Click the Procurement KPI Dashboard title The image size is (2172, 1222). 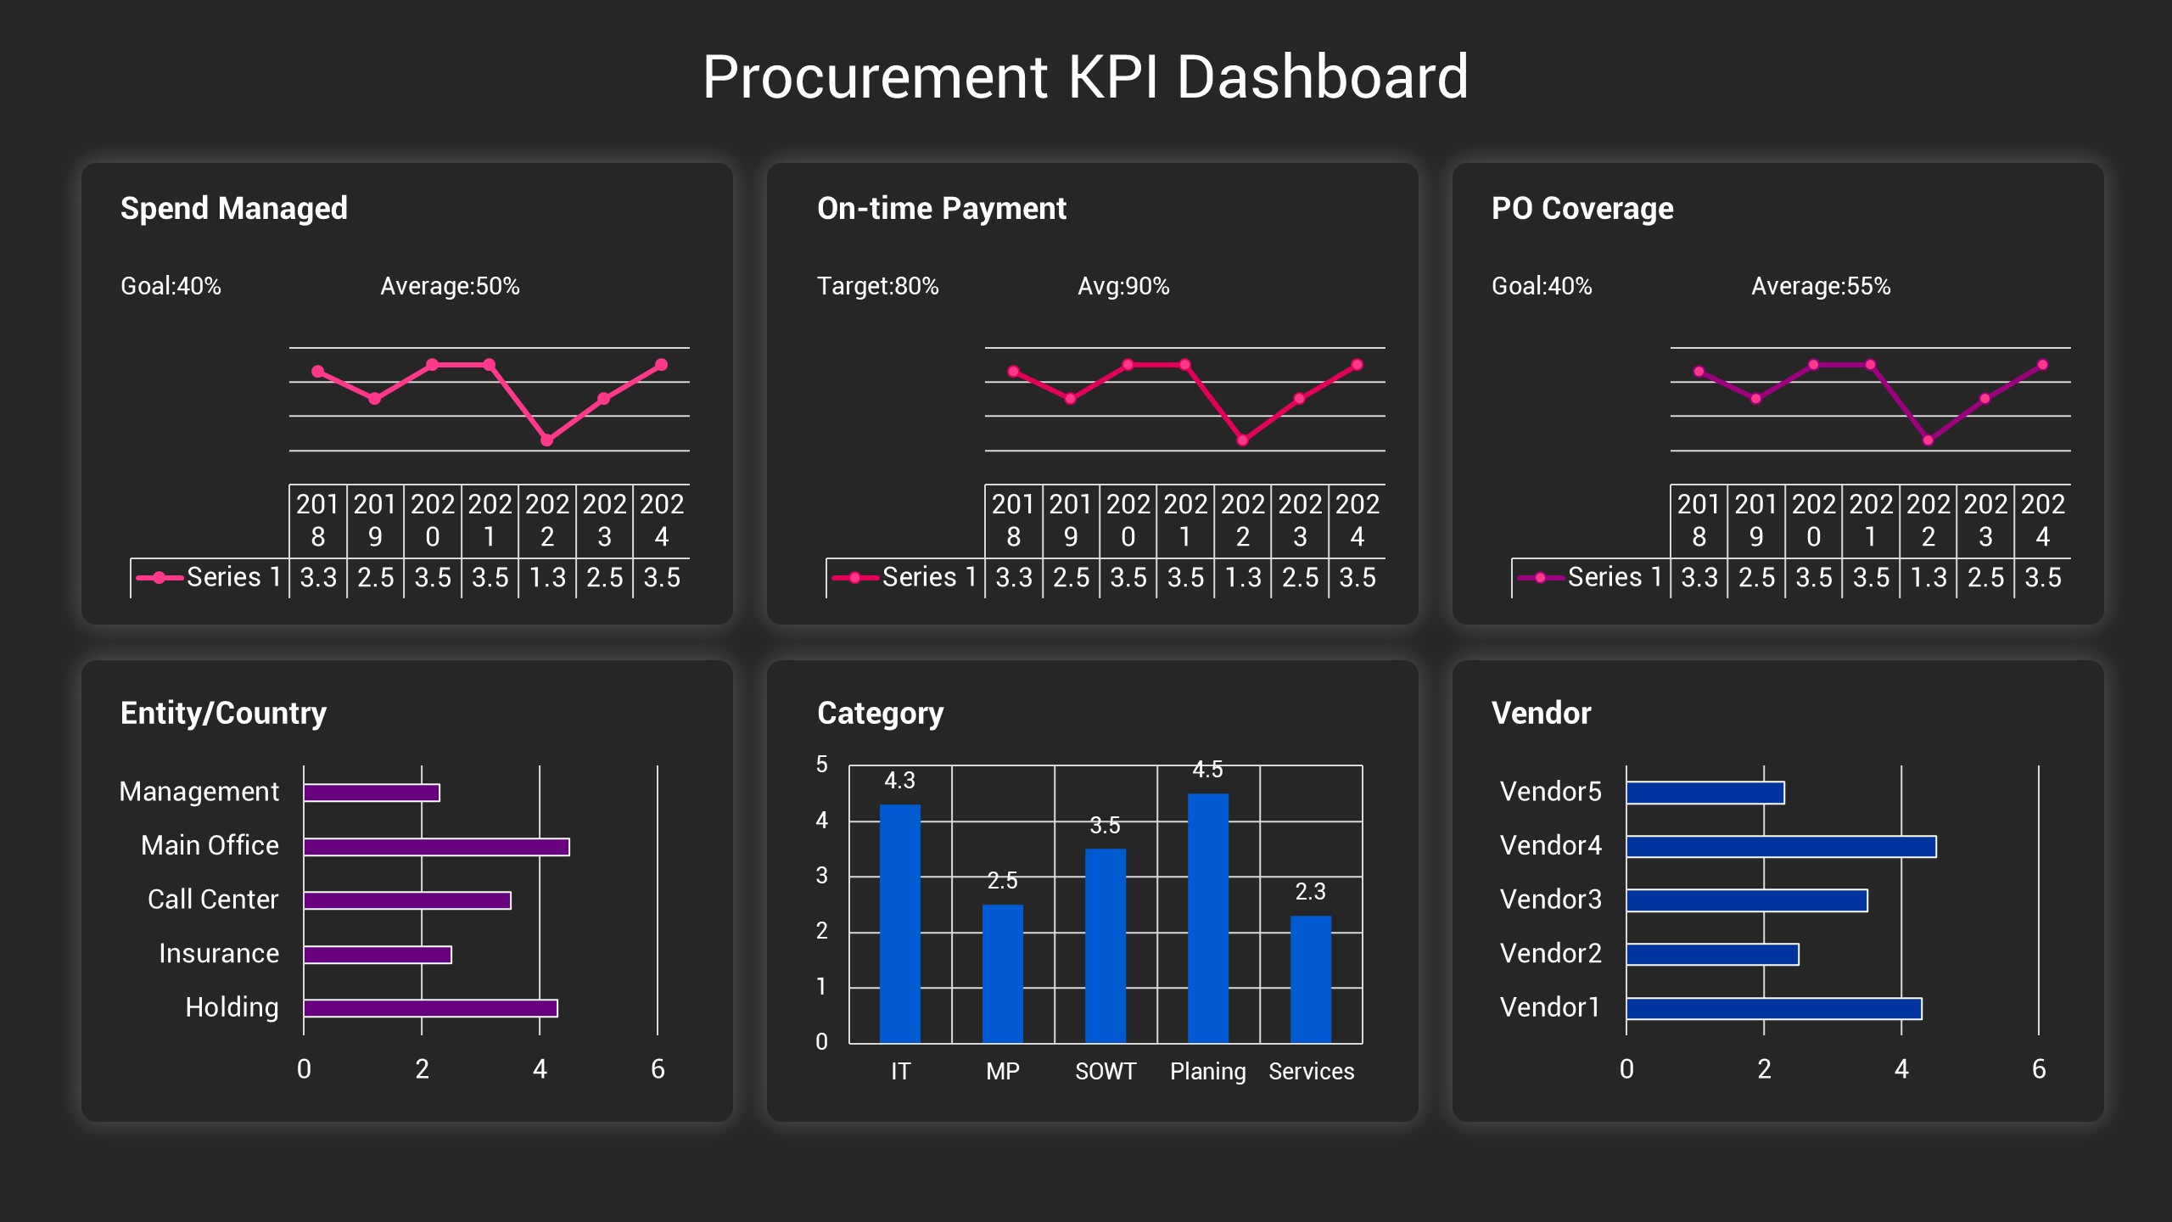[x=1085, y=76]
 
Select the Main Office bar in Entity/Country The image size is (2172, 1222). [x=436, y=846]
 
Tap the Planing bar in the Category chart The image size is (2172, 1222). [x=1207, y=917]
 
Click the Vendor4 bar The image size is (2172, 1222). [x=1780, y=846]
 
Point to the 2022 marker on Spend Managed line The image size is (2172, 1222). [x=547, y=440]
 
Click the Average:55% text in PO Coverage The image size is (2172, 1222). [x=1821, y=286]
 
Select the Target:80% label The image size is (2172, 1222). [x=877, y=286]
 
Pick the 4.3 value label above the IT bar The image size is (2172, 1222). [x=899, y=780]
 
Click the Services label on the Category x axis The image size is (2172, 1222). [x=1311, y=1071]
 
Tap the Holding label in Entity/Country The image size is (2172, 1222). [x=232, y=1007]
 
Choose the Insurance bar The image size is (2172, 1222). [x=378, y=955]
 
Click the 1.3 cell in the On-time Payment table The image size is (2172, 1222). [x=1242, y=578]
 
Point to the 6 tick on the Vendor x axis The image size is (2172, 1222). [x=2038, y=1068]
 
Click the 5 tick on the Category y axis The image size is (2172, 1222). [x=821, y=765]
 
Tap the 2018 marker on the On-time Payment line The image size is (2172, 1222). [x=1013, y=372]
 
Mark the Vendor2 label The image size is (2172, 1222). [x=1550, y=953]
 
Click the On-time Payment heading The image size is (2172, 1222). [x=941, y=208]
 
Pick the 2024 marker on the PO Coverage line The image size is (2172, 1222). [x=2042, y=365]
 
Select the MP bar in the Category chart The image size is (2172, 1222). [x=1002, y=973]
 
